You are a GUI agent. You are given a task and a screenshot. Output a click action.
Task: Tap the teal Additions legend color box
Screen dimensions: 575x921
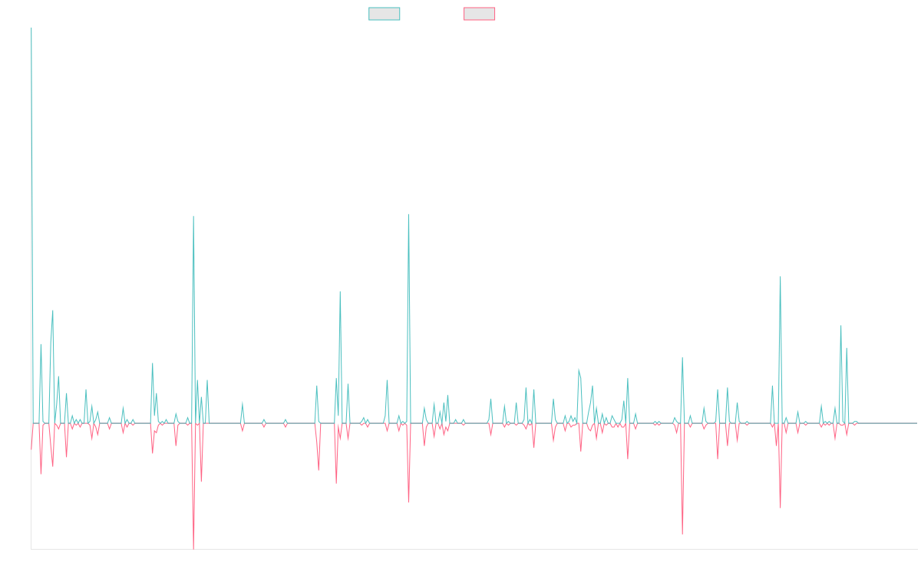pos(385,14)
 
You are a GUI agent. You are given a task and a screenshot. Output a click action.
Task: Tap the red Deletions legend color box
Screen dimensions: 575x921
pos(480,14)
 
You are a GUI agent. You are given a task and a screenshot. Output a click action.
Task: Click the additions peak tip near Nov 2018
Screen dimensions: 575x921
pos(193,216)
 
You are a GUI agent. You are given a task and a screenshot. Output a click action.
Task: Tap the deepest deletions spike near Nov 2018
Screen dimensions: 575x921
pos(193,548)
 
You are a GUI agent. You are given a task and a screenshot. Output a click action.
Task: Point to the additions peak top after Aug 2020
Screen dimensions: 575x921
pos(408,215)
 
